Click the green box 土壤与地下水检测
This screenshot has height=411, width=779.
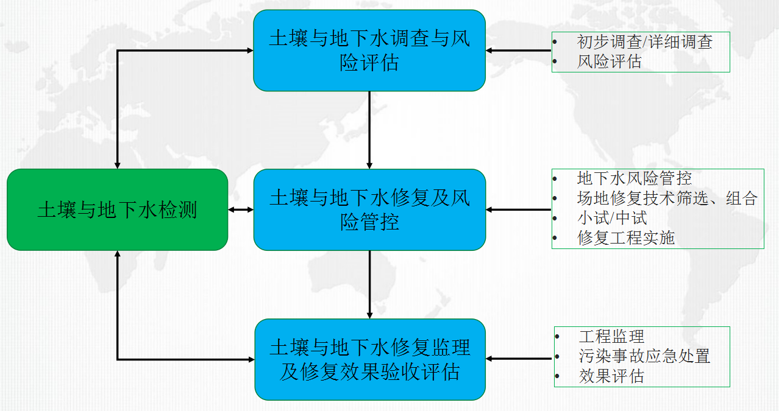point(118,209)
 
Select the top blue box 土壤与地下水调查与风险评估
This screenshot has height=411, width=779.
point(369,51)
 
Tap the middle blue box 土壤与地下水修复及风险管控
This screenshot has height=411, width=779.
point(369,209)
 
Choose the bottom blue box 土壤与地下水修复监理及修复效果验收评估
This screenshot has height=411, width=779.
point(370,359)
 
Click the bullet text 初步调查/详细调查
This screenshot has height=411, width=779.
point(645,41)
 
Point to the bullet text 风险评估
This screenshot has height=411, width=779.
point(610,61)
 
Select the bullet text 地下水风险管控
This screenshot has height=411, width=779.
point(635,178)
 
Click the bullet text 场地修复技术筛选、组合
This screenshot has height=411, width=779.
point(667,198)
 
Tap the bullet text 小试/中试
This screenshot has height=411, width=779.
point(612,218)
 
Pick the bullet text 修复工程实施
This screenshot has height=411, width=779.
point(626,238)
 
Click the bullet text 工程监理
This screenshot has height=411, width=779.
point(612,336)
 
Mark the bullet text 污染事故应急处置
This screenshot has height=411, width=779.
point(644,356)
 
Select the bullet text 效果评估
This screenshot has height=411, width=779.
point(612,376)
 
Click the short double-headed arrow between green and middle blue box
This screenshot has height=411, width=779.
point(241,209)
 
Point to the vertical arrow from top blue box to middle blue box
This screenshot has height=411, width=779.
point(369,130)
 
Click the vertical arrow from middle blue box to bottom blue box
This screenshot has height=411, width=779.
point(369,284)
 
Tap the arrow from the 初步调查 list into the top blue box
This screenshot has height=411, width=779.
point(519,51)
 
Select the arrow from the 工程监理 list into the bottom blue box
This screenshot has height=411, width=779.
point(519,359)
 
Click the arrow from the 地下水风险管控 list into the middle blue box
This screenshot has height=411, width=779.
point(519,209)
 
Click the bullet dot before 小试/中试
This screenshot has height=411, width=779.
point(555,219)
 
